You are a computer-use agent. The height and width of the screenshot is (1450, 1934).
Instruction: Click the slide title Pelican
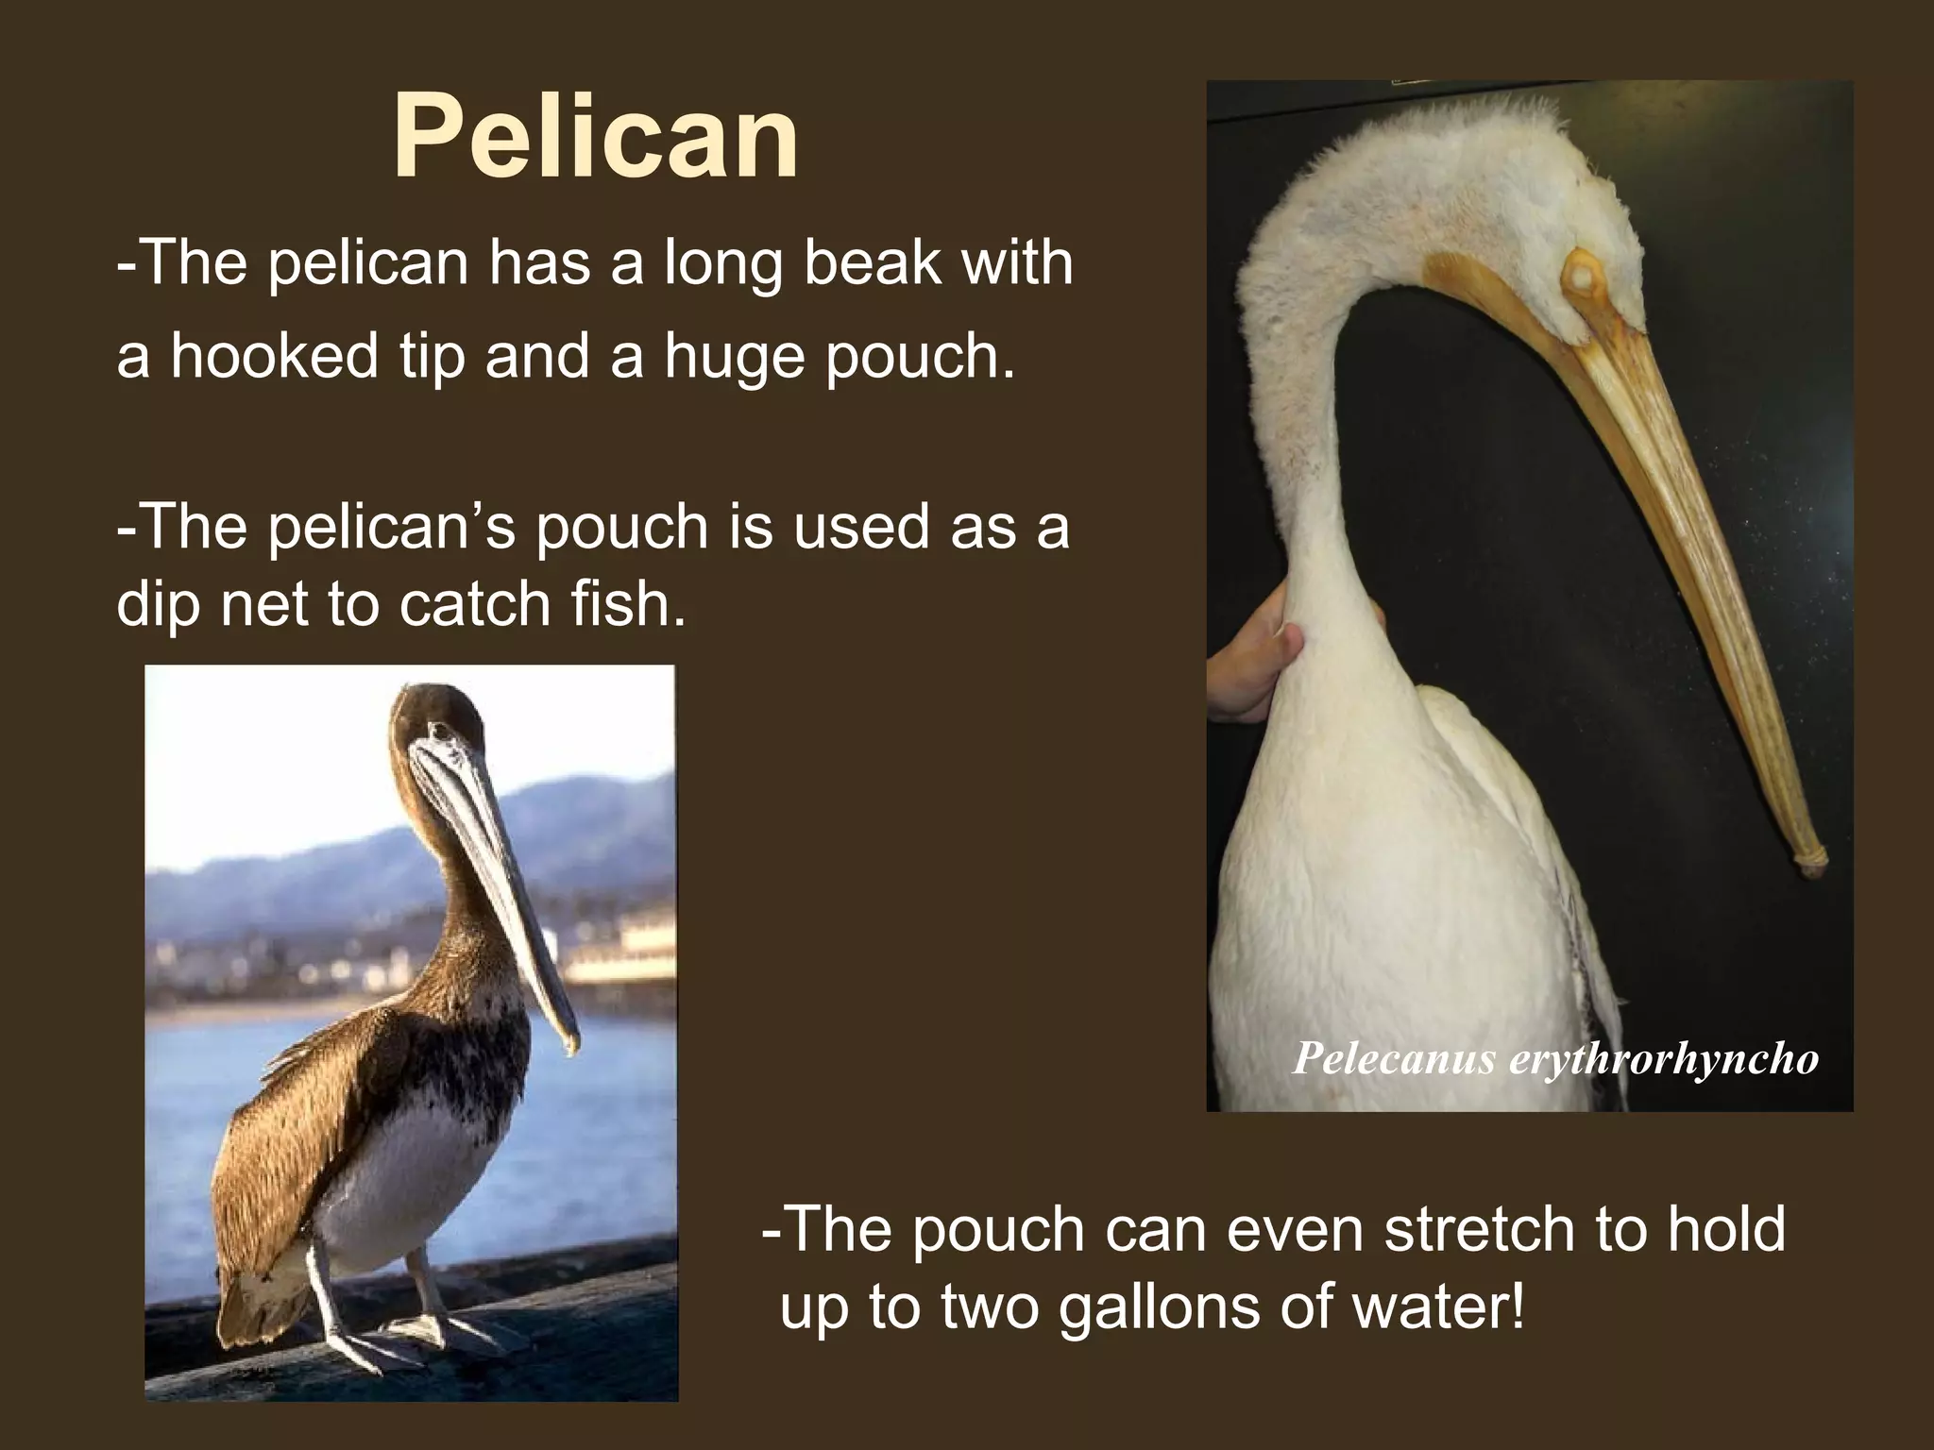596,138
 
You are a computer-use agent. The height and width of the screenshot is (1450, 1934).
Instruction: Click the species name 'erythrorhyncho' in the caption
1664,1058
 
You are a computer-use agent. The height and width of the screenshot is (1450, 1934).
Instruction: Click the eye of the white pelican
1576,276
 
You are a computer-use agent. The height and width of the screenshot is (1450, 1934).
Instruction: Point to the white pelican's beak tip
1810,861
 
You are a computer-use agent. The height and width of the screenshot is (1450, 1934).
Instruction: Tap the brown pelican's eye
437,731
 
